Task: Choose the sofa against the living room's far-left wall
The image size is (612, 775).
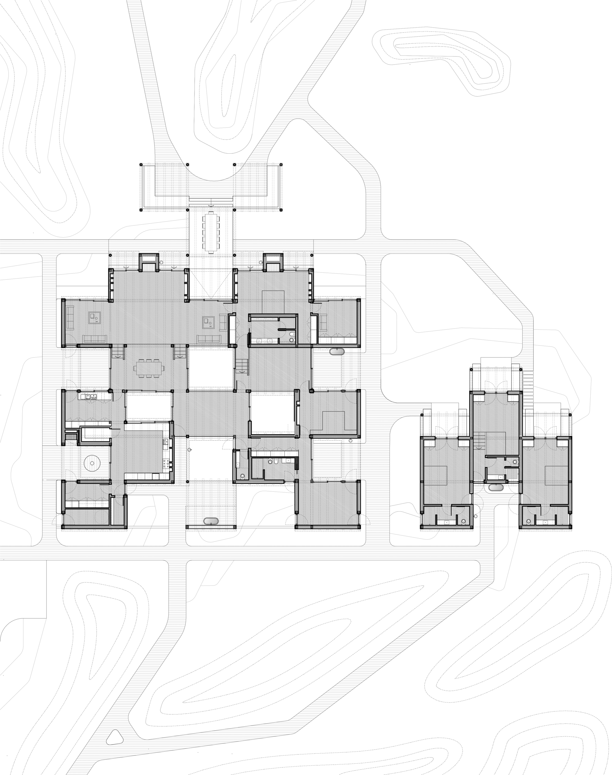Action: (70, 318)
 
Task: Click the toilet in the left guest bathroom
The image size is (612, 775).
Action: (463, 521)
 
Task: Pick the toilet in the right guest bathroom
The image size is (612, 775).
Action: (528, 521)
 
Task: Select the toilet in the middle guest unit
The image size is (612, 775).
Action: (515, 462)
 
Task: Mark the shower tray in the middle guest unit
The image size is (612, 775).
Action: (512, 474)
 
